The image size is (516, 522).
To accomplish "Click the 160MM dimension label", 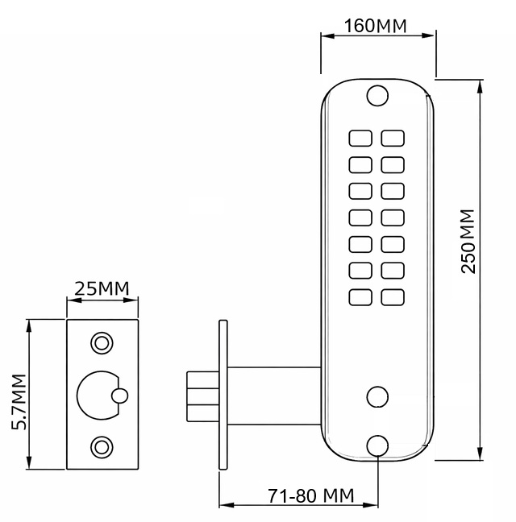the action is [x=375, y=26].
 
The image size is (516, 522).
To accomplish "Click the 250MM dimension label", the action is [x=468, y=242].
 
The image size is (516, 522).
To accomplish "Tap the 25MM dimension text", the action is [x=102, y=288].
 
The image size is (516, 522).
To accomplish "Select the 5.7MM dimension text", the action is [x=19, y=402].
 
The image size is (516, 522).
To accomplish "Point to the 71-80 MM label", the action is [x=311, y=495].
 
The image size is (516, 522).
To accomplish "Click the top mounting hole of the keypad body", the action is [x=377, y=96].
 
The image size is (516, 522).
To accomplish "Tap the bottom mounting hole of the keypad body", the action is [x=377, y=445].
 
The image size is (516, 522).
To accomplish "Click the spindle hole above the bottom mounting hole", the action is [x=377, y=397].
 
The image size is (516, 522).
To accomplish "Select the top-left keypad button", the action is [x=360, y=139].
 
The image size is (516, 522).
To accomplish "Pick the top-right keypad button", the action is [x=393, y=139].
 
